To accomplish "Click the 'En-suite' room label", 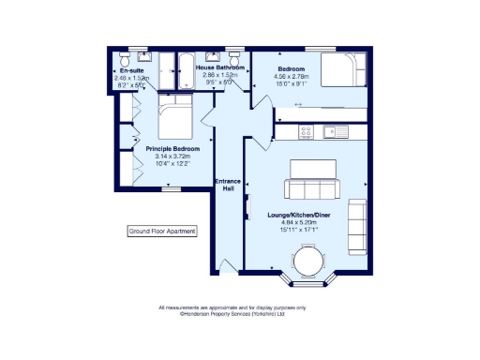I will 129,70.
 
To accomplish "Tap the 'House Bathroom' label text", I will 220,69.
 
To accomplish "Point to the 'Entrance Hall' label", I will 228,185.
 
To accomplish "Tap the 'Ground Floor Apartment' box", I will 162,231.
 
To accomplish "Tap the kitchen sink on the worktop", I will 334,133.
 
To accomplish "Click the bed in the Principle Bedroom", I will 174,122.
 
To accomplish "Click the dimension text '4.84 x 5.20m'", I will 301,222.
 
